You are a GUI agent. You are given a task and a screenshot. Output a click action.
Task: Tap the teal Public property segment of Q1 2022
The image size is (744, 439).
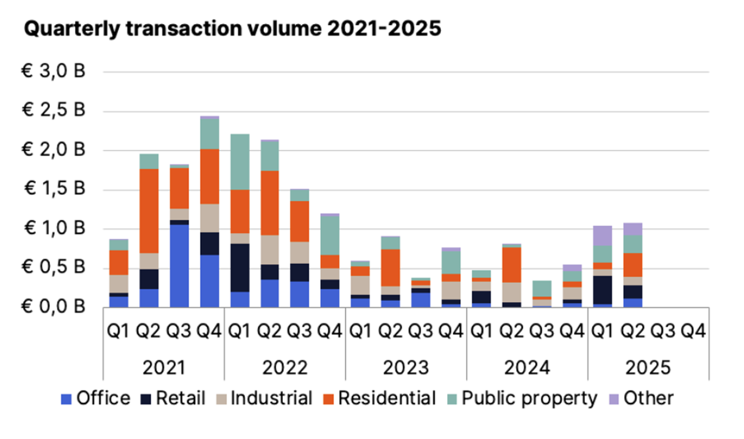[240, 162]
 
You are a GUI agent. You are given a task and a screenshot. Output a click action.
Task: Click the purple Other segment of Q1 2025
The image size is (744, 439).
[603, 236]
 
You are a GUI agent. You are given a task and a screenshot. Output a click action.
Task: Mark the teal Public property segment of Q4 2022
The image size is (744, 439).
[330, 236]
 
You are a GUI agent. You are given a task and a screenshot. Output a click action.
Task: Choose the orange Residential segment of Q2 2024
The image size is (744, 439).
[511, 265]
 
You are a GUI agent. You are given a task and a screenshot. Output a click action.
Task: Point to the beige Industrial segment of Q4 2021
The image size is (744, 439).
[210, 218]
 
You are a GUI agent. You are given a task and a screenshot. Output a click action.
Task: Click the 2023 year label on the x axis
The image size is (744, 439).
[406, 368]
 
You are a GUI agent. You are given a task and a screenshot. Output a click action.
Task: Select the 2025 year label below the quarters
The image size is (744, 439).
[648, 368]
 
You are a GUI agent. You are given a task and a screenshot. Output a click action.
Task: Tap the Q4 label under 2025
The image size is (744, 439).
[693, 331]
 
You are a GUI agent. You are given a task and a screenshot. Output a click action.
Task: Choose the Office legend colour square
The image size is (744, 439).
[66, 399]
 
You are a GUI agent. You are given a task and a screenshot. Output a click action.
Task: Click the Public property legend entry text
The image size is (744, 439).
[529, 398]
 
